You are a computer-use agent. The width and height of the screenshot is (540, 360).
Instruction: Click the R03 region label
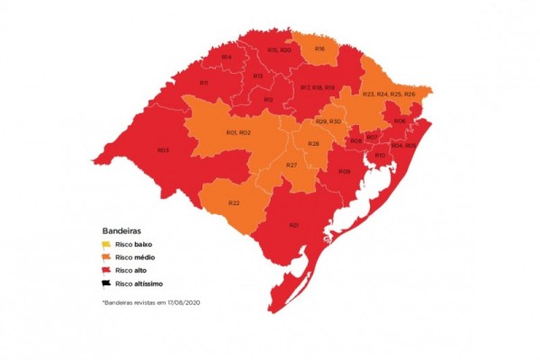coord(163,150)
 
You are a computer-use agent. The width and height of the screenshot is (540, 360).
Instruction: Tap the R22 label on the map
coord(234,203)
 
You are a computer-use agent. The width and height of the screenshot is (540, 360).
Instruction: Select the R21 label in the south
coord(294,225)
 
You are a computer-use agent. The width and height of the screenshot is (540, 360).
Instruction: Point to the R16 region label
coord(319,49)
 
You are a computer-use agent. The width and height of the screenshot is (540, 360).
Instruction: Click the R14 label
coord(227,58)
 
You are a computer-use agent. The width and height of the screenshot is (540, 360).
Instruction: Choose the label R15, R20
coord(279,50)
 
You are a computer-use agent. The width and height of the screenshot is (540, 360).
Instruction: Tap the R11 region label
coord(204,83)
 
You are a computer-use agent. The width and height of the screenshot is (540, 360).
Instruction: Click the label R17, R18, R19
coord(318,87)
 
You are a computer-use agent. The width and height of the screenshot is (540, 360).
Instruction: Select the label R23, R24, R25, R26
coord(388,94)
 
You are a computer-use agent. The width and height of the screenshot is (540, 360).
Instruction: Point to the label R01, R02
coord(238,133)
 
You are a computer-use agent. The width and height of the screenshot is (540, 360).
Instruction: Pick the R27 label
coord(292,166)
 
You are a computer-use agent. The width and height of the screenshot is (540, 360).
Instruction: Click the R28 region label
coord(314,144)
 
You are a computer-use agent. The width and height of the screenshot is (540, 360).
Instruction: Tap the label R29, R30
coord(328,121)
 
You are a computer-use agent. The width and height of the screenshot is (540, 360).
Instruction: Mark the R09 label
coord(344,171)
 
